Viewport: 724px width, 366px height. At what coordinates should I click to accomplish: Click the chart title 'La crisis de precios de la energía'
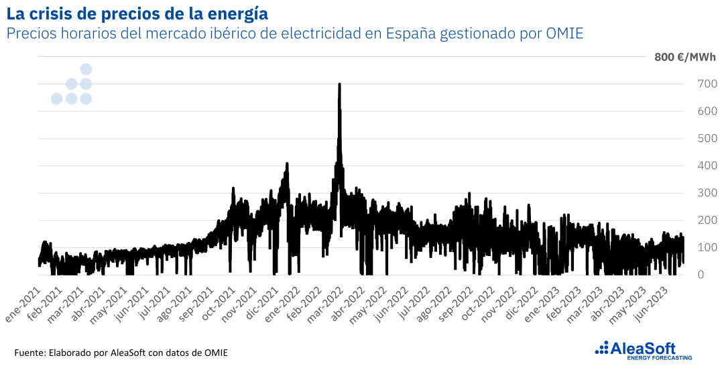[x=137, y=13]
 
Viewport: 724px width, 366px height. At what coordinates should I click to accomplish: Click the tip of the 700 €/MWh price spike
[x=339, y=84]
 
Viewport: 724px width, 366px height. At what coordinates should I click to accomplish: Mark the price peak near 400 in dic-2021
[x=287, y=164]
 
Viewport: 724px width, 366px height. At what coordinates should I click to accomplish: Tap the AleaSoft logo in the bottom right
[x=637, y=347]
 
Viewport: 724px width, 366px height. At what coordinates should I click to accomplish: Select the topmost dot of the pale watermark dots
[x=86, y=69]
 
